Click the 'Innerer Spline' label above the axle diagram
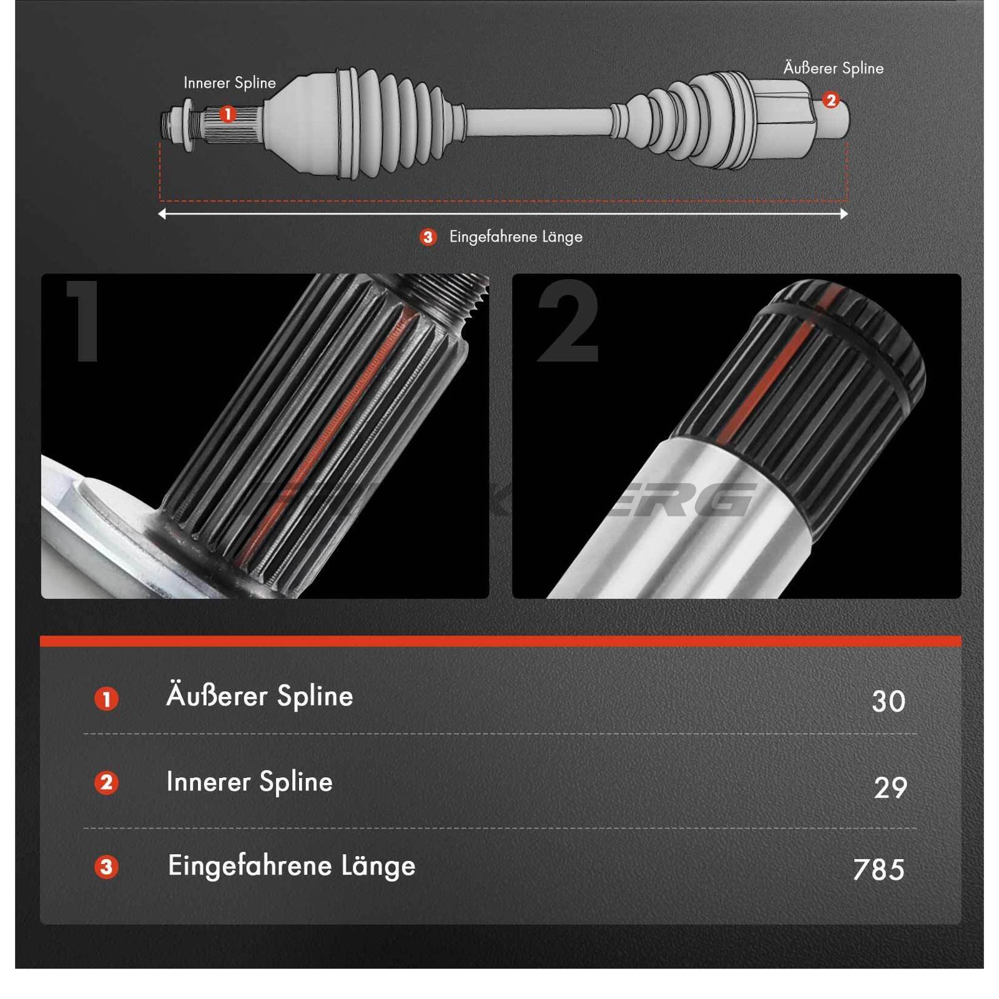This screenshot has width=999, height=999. pos(229,83)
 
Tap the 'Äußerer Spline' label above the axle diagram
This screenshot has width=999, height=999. pos(833,68)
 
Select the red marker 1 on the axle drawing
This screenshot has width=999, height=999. pos(228,114)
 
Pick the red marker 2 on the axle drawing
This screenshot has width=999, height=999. pos(830,100)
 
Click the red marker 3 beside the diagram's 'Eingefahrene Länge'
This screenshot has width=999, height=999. pos(428,237)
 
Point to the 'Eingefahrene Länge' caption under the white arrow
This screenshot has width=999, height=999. pos(516,237)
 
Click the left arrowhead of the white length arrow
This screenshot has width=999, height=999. pos(162,214)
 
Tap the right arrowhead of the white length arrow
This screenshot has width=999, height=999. pos(844,214)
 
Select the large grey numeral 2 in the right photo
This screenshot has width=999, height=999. pos(568,321)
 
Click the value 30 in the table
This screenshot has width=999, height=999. pos(888,701)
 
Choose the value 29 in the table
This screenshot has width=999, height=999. pos(890,787)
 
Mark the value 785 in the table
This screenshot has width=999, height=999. pos(878,870)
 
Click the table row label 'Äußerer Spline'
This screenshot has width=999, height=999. pos(259,696)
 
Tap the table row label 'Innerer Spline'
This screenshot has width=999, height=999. pos(249,782)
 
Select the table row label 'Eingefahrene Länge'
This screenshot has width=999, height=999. pos(291,866)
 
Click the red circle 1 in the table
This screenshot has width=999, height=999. pos(106,699)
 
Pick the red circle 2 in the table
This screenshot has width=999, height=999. pos(106,782)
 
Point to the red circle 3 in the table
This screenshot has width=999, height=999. pos(106,867)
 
